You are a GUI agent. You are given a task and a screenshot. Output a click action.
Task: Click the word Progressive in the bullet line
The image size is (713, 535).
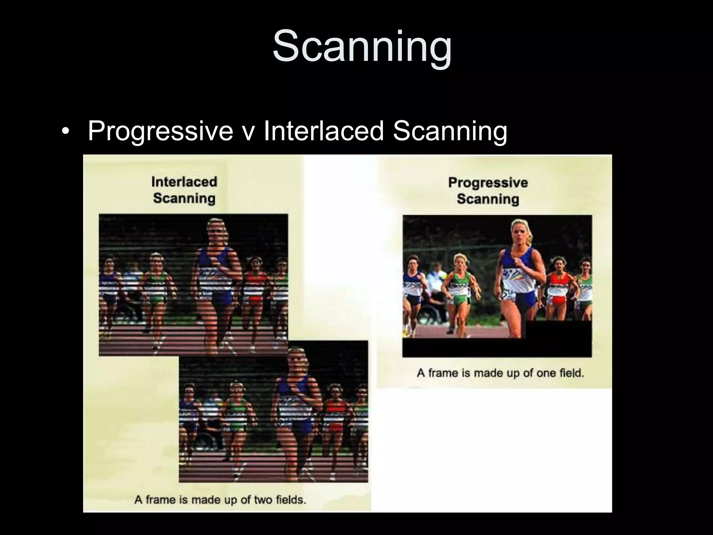(x=160, y=131)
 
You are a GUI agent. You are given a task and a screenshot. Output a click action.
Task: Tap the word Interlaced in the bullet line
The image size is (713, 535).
(x=324, y=131)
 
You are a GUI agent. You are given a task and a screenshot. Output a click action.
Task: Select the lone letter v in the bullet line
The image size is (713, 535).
(x=248, y=132)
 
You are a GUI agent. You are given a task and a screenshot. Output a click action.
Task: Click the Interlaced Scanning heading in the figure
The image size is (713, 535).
(x=184, y=190)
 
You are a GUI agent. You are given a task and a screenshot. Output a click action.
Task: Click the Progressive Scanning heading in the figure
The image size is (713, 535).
(x=488, y=191)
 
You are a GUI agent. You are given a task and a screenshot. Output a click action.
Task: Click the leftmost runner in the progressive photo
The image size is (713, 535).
(x=413, y=282)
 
